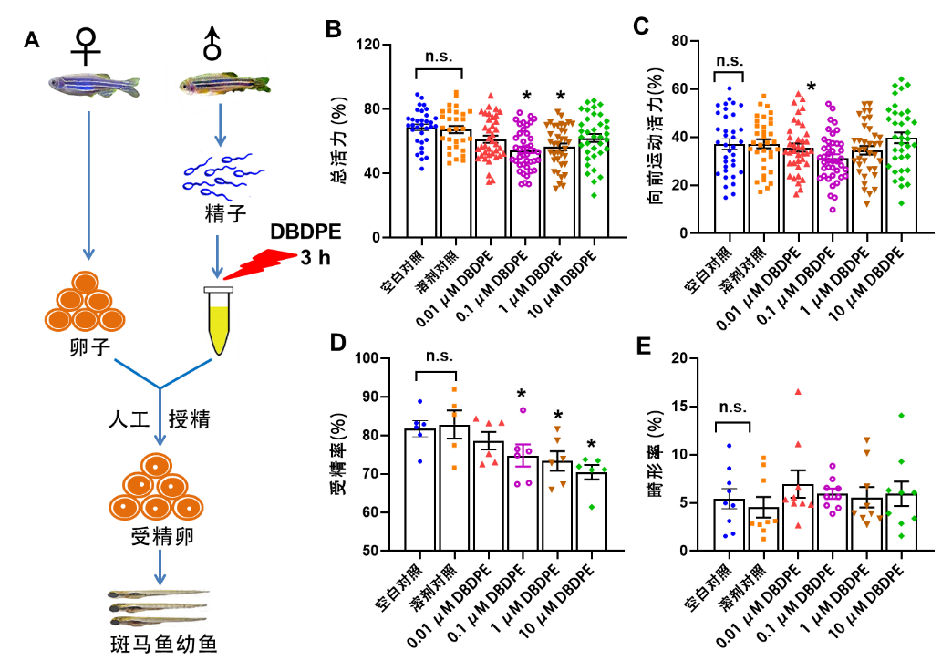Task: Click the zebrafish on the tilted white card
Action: point(223,84)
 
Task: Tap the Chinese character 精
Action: point(214,214)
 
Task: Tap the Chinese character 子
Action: point(236,214)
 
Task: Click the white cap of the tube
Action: point(219,290)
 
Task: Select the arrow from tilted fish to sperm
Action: point(220,126)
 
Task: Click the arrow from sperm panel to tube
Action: point(217,255)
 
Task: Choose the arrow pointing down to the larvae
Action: point(160,567)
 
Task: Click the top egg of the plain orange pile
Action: point(85,282)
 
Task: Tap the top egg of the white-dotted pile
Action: point(156,465)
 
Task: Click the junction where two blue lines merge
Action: point(160,388)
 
